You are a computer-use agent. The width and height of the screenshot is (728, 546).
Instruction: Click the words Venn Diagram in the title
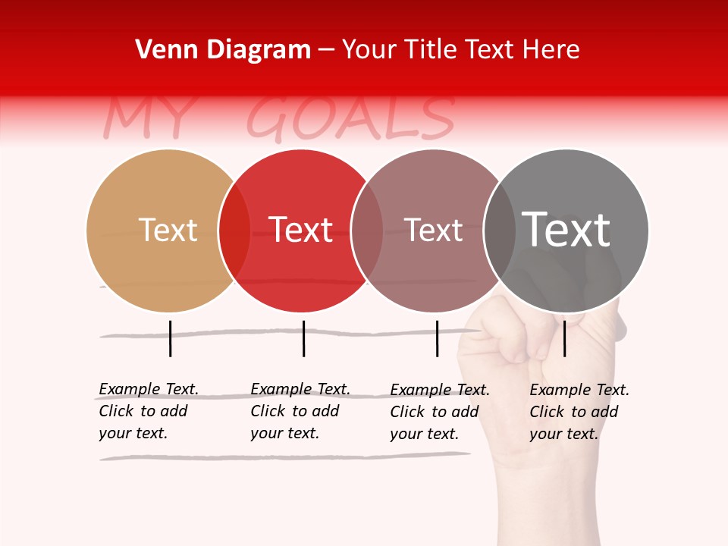pos(223,50)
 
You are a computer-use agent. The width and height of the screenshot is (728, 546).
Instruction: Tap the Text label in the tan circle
pos(168,230)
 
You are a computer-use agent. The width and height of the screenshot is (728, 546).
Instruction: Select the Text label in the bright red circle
pos(301,230)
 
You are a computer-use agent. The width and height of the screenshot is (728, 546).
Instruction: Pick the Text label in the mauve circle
pos(433,231)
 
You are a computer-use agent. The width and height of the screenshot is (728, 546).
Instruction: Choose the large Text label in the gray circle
pos(566,229)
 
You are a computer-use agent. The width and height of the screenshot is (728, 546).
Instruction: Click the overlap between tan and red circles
pos(234,231)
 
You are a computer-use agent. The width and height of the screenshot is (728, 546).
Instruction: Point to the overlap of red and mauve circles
pos(367,231)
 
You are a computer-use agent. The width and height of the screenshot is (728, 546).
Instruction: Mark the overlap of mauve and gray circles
pos(500,231)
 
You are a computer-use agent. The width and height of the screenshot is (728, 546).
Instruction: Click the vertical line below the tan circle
pos(171,338)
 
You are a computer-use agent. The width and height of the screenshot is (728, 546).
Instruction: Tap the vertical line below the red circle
pos(303,338)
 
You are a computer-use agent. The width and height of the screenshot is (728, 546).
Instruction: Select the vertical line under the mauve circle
pos(437,338)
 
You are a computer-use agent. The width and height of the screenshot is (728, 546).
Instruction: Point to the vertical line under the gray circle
pos(564,338)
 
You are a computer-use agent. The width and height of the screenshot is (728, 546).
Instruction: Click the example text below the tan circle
pos(148,411)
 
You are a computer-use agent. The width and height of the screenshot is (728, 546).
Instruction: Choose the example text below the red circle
pos(300,411)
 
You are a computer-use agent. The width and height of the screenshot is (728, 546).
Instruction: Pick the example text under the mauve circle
pos(439,412)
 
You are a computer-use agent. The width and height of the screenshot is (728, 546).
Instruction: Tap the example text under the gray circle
pos(579,412)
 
